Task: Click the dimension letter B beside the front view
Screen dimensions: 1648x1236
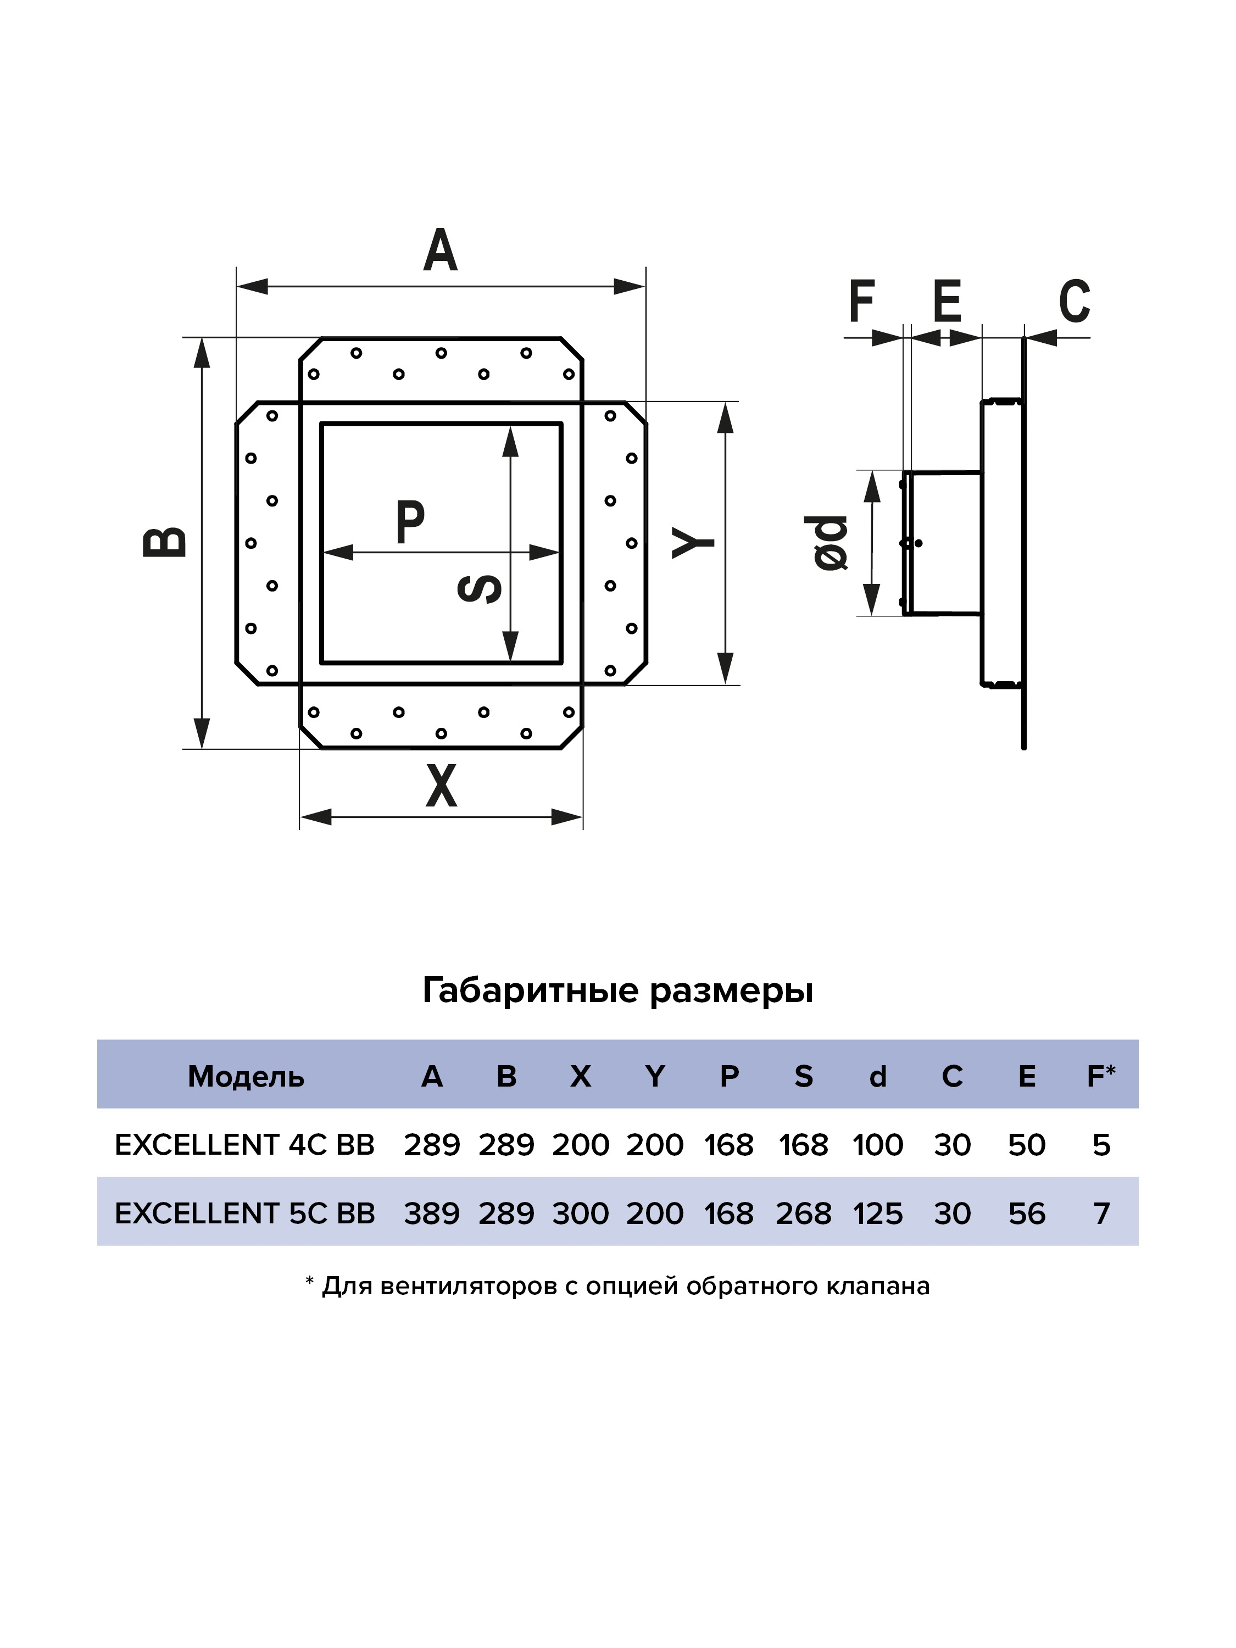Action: point(165,542)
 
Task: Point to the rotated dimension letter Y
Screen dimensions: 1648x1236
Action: point(693,542)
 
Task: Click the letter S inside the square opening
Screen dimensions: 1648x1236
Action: point(479,588)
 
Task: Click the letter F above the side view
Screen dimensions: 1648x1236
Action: point(861,301)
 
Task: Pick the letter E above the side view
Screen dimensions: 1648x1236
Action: point(947,301)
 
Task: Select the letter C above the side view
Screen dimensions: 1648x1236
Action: point(1074,301)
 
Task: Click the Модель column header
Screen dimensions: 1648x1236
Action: point(246,1077)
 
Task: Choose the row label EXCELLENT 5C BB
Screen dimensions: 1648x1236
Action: point(244,1213)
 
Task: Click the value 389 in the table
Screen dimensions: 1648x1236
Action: point(432,1213)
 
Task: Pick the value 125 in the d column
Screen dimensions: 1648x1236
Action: point(878,1213)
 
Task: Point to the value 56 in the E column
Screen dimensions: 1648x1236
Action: point(1027,1213)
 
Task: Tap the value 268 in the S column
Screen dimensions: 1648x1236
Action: point(803,1213)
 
